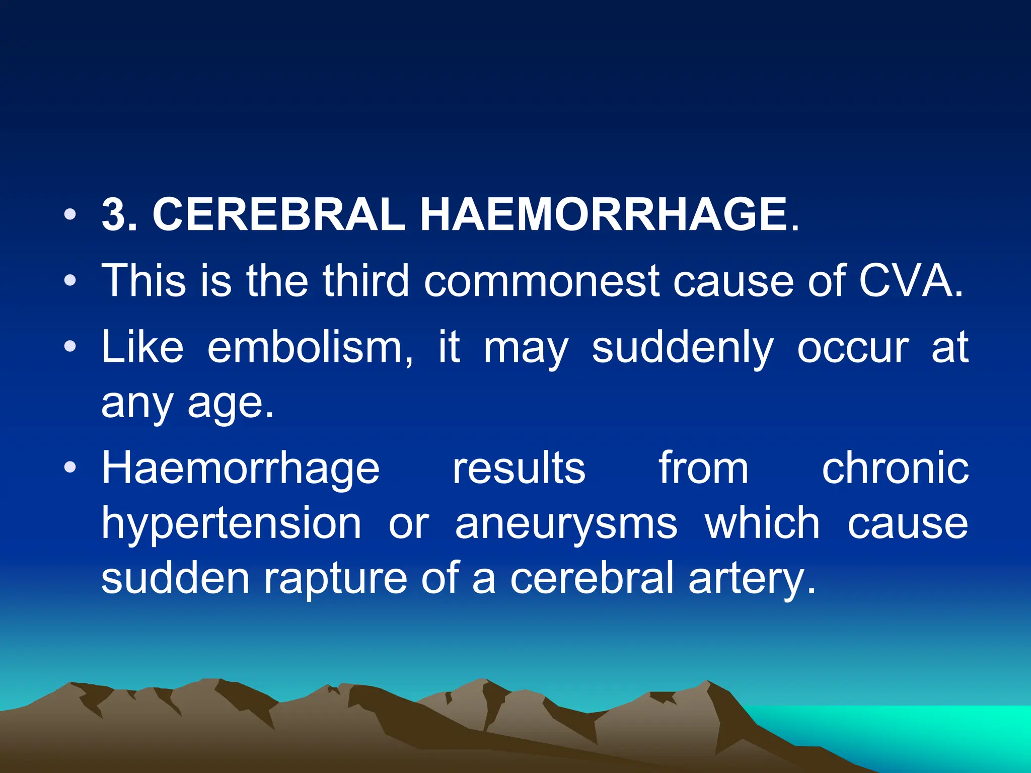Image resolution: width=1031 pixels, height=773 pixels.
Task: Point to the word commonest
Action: pyautogui.click(x=542, y=280)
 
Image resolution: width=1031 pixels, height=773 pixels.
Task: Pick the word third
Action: pyautogui.click(x=365, y=280)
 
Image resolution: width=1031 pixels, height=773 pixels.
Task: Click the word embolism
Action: pyautogui.click(x=310, y=347)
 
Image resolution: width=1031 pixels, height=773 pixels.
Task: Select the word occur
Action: pyautogui.click(x=853, y=347)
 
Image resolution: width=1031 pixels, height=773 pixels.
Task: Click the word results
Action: pyautogui.click(x=519, y=468)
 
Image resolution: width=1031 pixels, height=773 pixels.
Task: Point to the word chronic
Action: pyautogui.click(x=895, y=468)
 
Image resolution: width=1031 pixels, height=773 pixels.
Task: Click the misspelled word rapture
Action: pyautogui.click(x=335, y=579)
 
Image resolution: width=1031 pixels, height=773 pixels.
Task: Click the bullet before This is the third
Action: pyautogui.click(x=70, y=281)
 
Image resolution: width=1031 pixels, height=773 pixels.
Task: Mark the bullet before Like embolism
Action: pyautogui.click(x=70, y=347)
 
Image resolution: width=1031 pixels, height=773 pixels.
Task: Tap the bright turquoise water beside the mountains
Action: pyautogui.click(x=931, y=730)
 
